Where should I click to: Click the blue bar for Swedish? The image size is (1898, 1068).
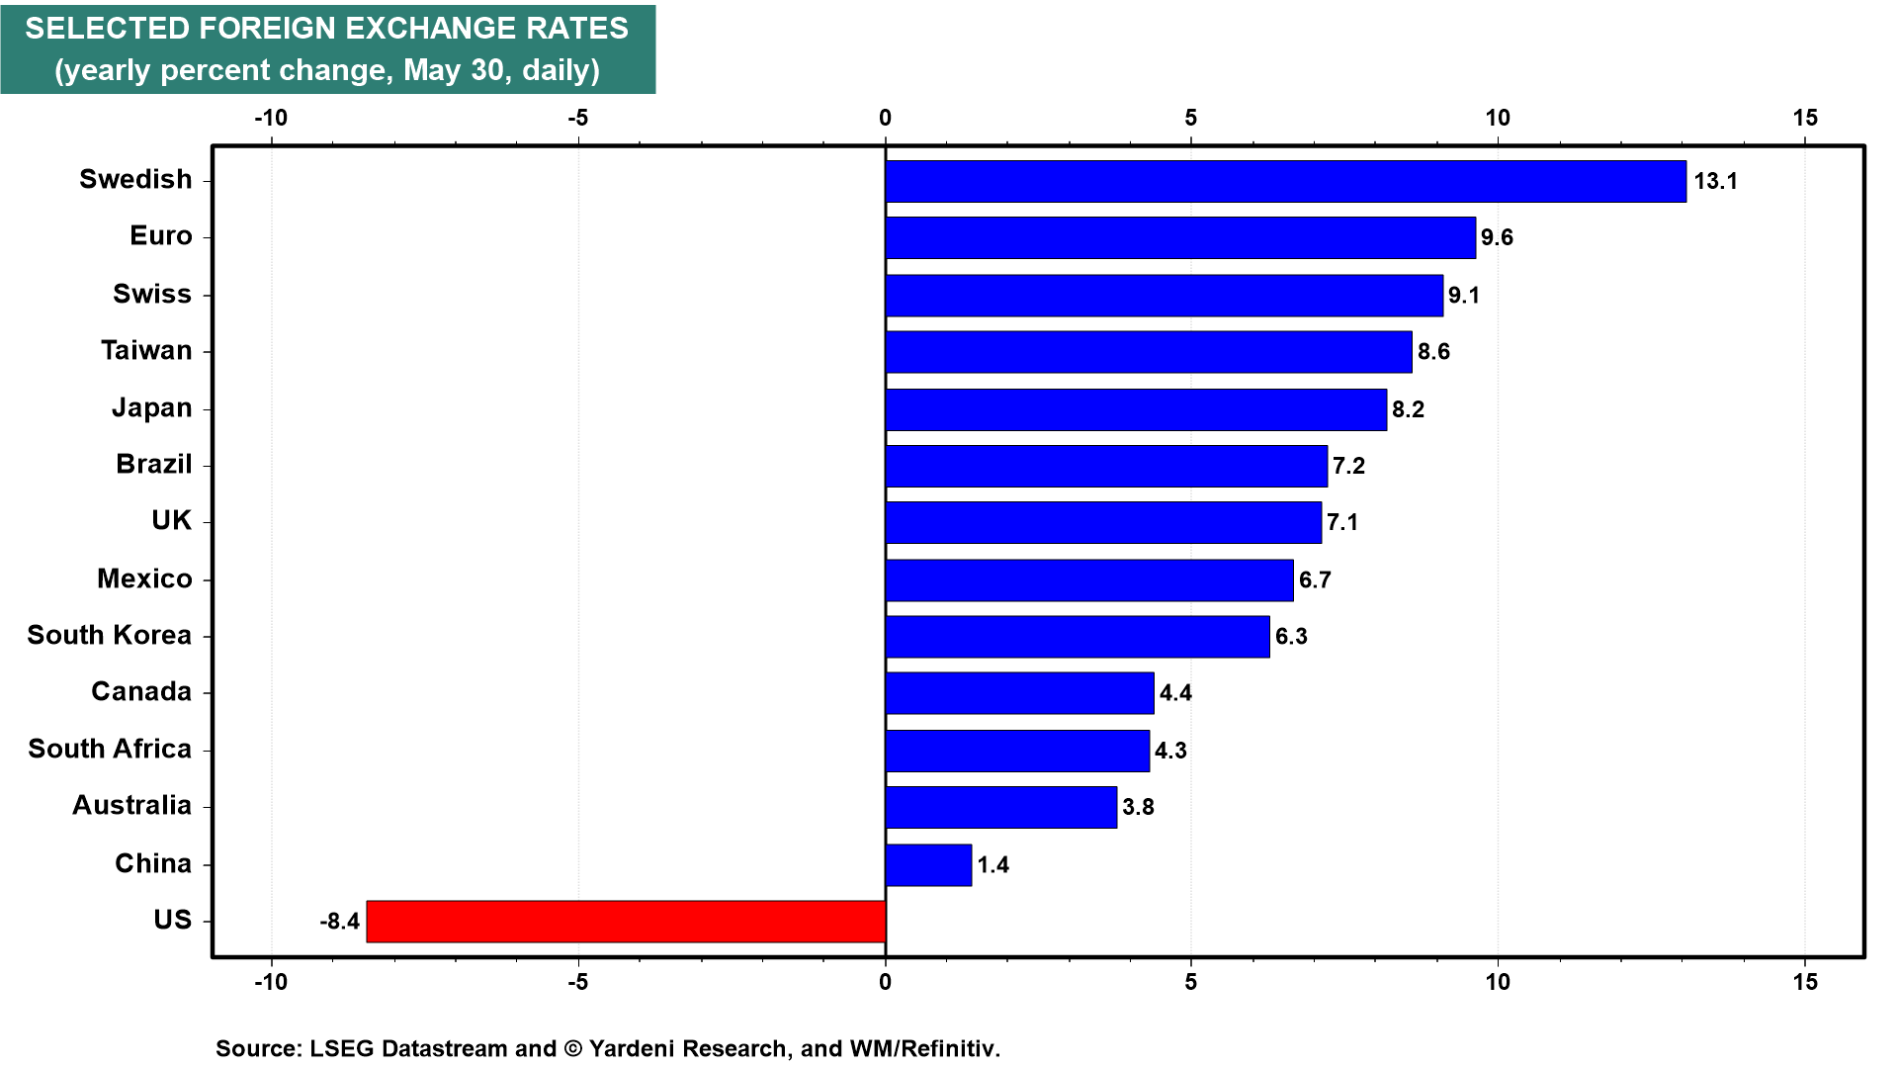pyautogui.click(x=1285, y=182)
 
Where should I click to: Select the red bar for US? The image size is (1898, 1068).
pyautogui.click(x=626, y=922)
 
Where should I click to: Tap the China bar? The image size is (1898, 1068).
pyautogui.click(x=928, y=865)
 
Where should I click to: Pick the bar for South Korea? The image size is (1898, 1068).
pyautogui.click(x=1078, y=637)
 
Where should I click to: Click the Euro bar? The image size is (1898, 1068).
pyautogui.click(x=1180, y=238)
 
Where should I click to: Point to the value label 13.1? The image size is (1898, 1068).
pyautogui.click(x=1715, y=181)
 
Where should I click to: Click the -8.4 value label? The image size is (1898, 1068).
pyautogui.click(x=339, y=922)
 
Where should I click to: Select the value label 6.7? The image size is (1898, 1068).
pyautogui.click(x=1315, y=579)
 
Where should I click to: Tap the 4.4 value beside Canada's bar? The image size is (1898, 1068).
pyautogui.click(x=1175, y=693)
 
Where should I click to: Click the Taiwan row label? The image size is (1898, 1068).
pyautogui.click(x=146, y=351)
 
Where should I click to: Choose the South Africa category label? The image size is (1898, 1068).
pyautogui.click(x=110, y=749)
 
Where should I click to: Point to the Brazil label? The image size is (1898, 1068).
pyautogui.click(x=154, y=464)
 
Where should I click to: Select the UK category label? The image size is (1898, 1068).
pyautogui.click(x=172, y=520)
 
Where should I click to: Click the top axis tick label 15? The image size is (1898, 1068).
pyautogui.click(x=1805, y=119)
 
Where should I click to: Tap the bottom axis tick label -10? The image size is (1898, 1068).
pyautogui.click(x=271, y=982)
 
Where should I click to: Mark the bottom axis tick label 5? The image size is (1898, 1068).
pyautogui.click(x=1191, y=982)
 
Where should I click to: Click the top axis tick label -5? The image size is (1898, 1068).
pyautogui.click(x=577, y=119)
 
